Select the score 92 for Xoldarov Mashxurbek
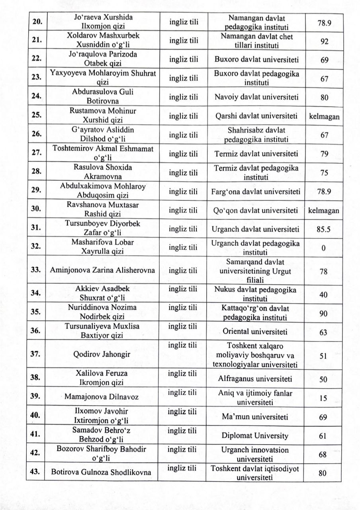(x=324, y=42)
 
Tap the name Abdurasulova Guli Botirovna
(x=103, y=96)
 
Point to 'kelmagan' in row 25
(x=324, y=117)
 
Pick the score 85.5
(x=324, y=229)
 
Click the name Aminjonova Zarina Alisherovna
(x=102, y=270)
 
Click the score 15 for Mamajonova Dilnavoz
(x=323, y=398)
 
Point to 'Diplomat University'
(x=255, y=435)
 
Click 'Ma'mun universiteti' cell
(x=255, y=417)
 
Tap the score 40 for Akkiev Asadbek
(x=324, y=295)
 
